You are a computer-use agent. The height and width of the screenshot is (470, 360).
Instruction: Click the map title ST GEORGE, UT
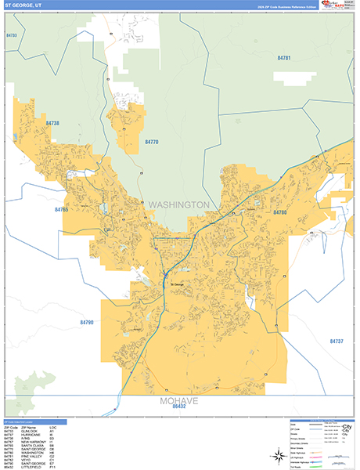tap(19, 6)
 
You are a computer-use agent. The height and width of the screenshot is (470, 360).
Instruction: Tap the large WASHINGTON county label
tap(179, 204)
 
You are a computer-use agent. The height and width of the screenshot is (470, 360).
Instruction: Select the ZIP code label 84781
tap(284, 58)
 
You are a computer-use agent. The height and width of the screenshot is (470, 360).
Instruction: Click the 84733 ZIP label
tap(12, 36)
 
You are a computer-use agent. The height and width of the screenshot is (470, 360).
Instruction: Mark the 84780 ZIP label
tap(281, 212)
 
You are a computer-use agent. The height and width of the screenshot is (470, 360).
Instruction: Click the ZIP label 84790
tap(86, 322)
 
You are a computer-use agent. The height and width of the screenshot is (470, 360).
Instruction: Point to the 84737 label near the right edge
tap(337, 342)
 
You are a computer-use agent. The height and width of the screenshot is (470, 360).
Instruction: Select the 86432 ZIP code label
tap(179, 407)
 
